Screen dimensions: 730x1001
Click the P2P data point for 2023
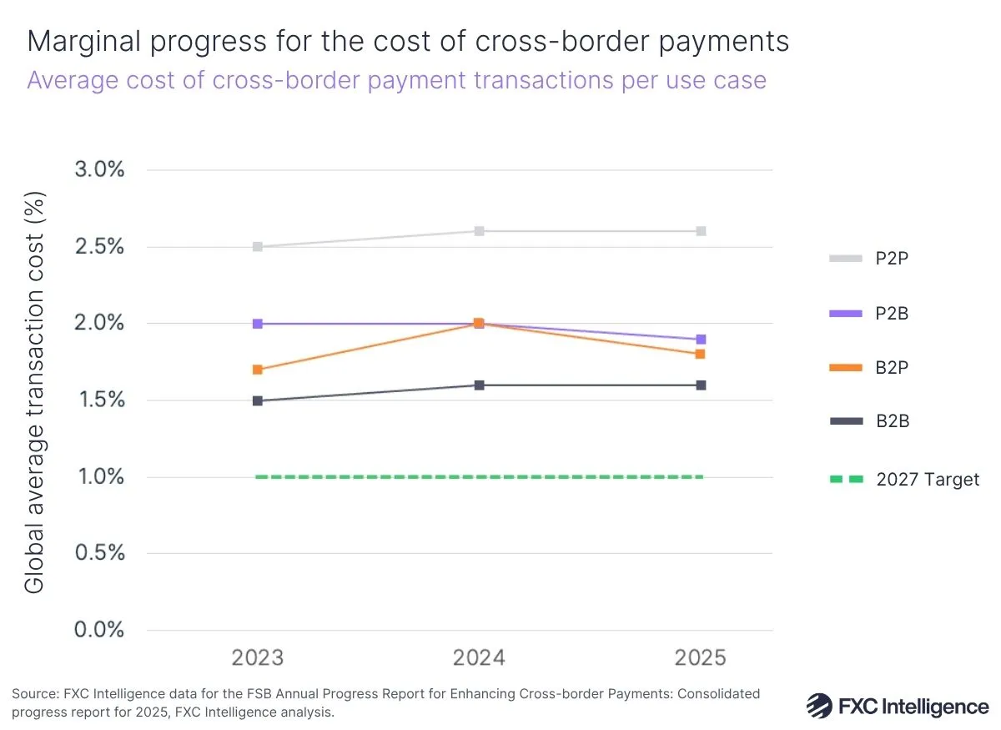pyautogui.click(x=258, y=247)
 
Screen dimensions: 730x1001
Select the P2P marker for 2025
pyautogui.click(x=702, y=231)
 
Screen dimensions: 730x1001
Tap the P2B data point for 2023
pyautogui.click(x=258, y=324)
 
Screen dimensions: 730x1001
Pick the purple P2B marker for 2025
pyautogui.click(x=702, y=340)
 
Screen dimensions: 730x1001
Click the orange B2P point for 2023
pyautogui.click(x=258, y=370)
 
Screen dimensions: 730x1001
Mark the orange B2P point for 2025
pyautogui.click(x=702, y=355)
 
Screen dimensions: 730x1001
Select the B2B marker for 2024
pyautogui.click(x=480, y=385)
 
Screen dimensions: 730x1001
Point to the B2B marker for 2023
pyautogui.click(x=258, y=401)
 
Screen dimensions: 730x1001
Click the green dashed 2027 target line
pyautogui.click(x=480, y=477)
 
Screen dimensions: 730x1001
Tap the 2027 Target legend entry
pyautogui.click(x=904, y=480)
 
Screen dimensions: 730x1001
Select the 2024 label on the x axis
pyautogui.click(x=480, y=658)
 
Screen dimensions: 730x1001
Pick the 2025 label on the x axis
pyautogui.click(x=701, y=658)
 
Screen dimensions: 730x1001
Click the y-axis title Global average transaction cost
pyautogui.click(x=35, y=392)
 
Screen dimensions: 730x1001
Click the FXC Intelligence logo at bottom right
pyautogui.click(x=897, y=706)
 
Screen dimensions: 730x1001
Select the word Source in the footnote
pyautogui.click(x=31, y=694)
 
